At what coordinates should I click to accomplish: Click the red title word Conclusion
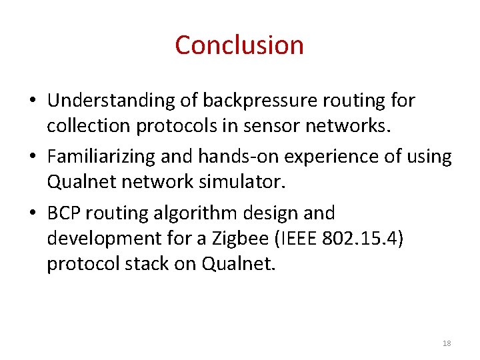239,45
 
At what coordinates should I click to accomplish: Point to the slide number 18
447,343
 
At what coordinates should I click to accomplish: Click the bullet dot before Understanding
33,101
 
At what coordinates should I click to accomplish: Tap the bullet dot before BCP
33,214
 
